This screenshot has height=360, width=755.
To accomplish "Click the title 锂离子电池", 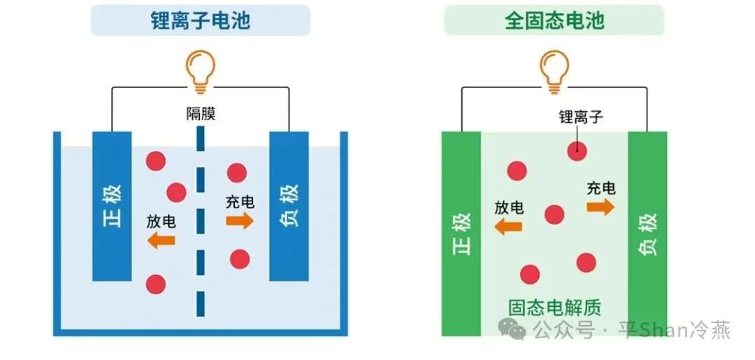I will click(x=200, y=20).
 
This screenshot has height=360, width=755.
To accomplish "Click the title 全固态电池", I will click(x=554, y=20).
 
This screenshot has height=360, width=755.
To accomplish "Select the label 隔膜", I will click(x=200, y=114).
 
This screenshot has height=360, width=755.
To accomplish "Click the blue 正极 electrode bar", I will click(x=112, y=206).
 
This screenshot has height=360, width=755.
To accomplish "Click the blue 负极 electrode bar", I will click(x=289, y=206).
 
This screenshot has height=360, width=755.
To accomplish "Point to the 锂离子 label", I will click(x=580, y=117).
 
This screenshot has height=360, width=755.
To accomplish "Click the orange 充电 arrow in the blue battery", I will click(x=240, y=222).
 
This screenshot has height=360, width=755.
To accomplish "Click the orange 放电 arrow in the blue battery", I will click(x=161, y=240).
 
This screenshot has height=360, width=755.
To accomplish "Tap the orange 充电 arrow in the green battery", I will click(x=601, y=207).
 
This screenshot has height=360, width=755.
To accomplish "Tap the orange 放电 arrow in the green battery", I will click(x=508, y=226).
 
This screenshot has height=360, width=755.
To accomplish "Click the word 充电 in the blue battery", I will click(x=240, y=203).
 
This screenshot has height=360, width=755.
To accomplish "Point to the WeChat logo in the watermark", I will click(x=517, y=329).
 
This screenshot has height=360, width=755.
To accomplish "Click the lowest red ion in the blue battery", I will click(x=155, y=285).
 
